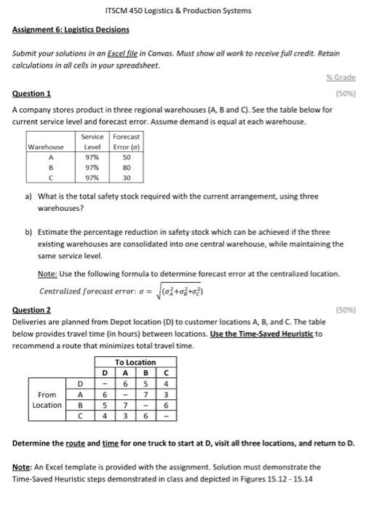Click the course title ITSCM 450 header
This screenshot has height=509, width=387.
[x=178, y=11]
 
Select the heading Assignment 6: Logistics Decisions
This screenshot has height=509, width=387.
[x=71, y=30]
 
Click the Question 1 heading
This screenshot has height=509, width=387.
[x=31, y=94]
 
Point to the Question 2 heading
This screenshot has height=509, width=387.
[x=31, y=310]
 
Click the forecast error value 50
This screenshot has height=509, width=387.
[x=126, y=156]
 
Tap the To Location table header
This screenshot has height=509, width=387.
[x=135, y=362]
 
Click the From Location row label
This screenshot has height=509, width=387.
[x=47, y=399]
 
